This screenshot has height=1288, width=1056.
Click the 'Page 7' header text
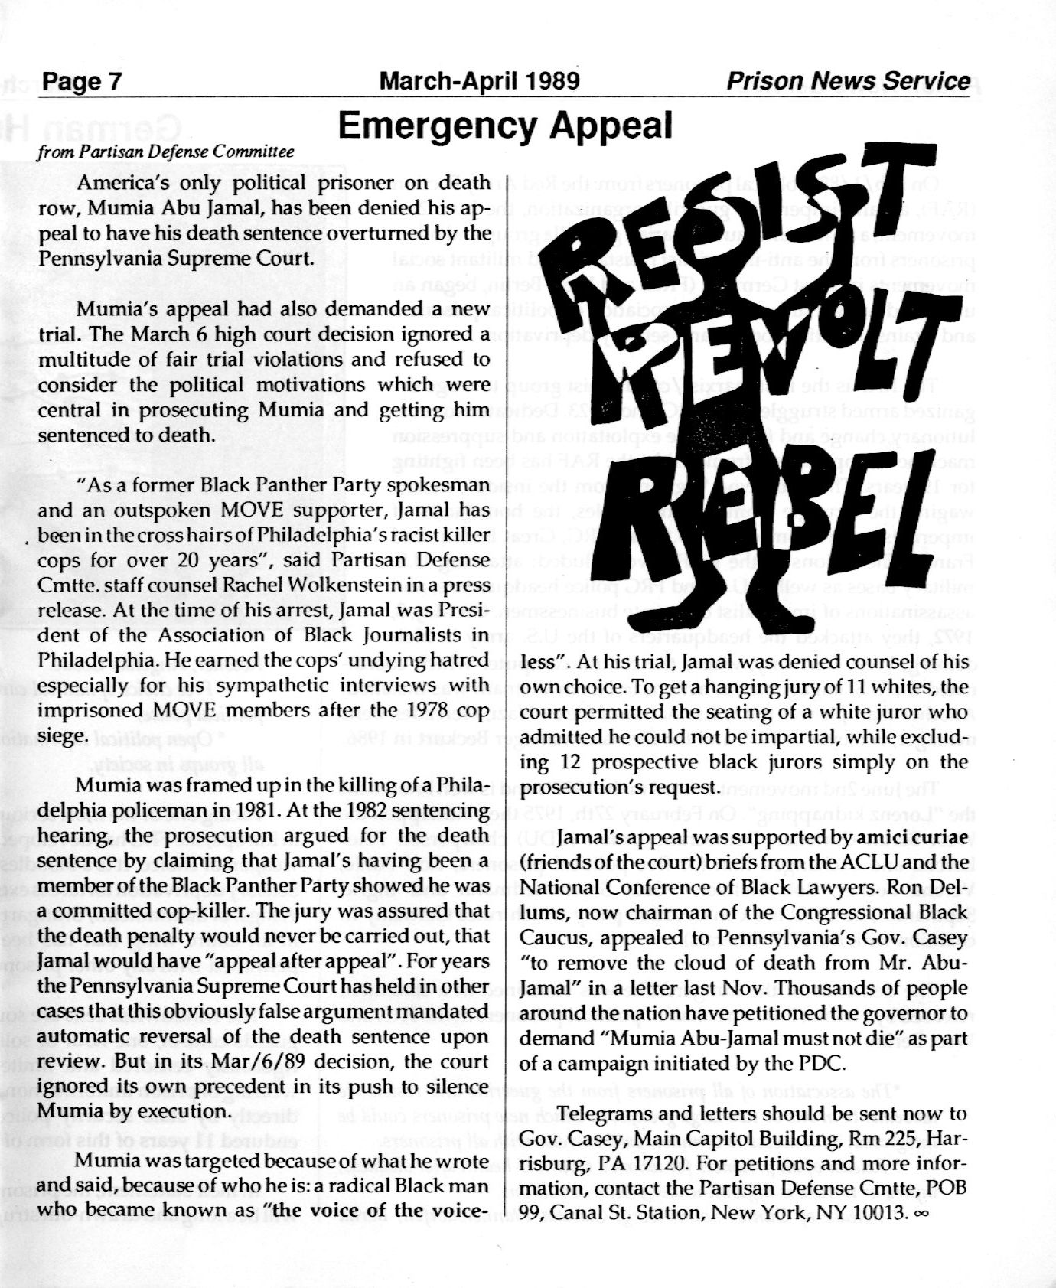(x=82, y=81)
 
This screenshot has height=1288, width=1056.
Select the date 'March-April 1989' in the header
(x=480, y=81)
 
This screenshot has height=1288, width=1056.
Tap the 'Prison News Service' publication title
(x=848, y=81)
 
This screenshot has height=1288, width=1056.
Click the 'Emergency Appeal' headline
(x=505, y=126)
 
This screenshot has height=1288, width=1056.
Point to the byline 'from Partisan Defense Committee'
(x=166, y=152)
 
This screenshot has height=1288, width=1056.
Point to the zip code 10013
(x=872, y=1213)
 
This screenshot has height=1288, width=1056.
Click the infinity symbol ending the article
(x=920, y=1214)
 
